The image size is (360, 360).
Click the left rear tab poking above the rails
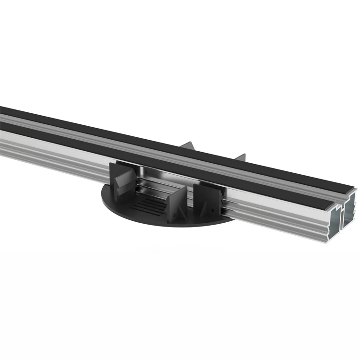(x=187, y=146)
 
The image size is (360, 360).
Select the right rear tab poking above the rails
(x=240, y=158)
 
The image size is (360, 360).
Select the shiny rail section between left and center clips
(x=154, y=185)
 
